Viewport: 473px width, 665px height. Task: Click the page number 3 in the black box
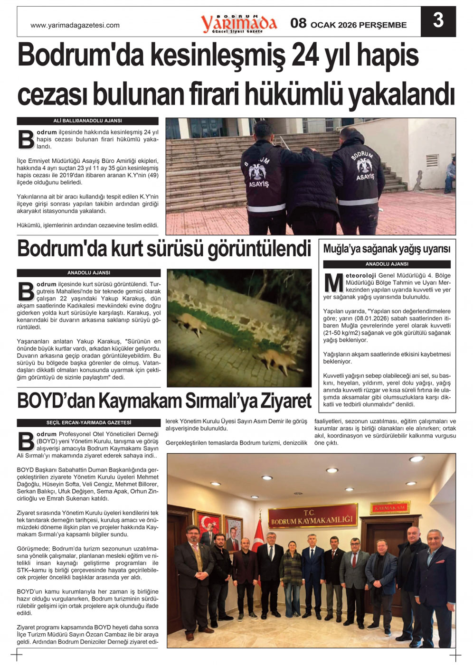(438, 20)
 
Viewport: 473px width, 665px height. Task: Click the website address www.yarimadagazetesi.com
(75, 25)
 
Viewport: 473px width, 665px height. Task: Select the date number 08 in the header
(298, 23)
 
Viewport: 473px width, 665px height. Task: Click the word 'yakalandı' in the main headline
(402, 94)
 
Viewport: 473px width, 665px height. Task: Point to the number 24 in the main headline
(304, 56)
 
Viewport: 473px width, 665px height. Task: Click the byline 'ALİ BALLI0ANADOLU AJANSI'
(87, 121)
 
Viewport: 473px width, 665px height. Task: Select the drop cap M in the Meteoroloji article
(333, 283)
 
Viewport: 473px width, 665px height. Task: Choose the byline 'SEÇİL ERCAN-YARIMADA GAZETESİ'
(88, 422)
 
